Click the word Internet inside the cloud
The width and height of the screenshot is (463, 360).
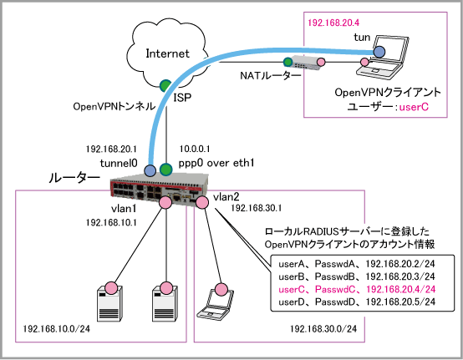167,53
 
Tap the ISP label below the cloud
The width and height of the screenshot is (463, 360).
182,97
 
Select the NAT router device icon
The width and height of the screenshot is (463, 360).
304,63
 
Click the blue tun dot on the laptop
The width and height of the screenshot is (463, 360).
379,52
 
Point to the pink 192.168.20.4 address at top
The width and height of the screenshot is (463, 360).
333,23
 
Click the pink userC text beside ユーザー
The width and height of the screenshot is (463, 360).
414,107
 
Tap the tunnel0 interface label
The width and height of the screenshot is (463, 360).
119,163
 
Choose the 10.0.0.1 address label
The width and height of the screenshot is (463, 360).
195,149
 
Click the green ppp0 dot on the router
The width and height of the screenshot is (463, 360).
165,169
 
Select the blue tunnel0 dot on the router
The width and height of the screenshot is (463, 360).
150,170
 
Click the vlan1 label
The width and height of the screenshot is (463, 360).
124,209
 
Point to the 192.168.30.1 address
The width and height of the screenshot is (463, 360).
256,208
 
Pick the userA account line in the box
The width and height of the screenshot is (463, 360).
357,264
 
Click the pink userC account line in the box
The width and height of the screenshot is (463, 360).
357,289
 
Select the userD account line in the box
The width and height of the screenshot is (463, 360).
357,302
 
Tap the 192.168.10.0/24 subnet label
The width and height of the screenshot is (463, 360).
56,329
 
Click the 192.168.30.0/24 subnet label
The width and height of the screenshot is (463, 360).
323,329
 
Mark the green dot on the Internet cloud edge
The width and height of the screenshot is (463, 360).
165,85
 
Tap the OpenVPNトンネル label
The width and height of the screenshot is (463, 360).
114,107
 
